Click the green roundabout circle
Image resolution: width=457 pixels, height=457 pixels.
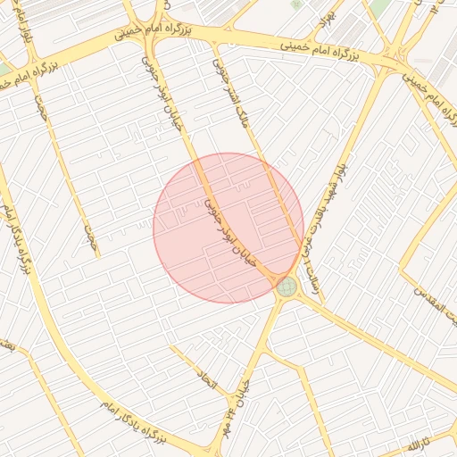[x=286, y=287]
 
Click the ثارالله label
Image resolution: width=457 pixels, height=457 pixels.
[x=419, y=443]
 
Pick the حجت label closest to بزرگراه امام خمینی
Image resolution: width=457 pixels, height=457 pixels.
[x=39, y=112]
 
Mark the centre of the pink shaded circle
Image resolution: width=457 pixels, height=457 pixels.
[x=228, y=228]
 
